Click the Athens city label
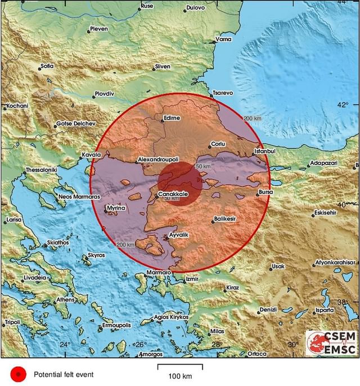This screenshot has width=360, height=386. click(x=65, y=299)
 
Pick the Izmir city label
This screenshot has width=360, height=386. click(x=192, y=279)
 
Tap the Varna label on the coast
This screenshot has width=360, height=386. click(x=223, y=40)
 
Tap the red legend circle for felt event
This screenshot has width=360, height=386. click(x=18, y=374)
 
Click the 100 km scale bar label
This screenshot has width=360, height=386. click(x=179, y=375)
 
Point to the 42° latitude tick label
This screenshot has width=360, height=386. click(x=343, y=105)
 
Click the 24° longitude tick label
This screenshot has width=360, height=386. click(x=65, y=344)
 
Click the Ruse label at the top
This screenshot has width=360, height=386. click(x=147, y=6)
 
